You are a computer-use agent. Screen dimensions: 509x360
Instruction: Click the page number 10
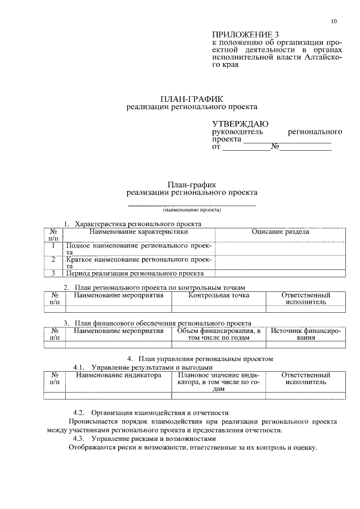point(334,21)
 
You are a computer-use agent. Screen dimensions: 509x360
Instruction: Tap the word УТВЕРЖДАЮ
point(240,124)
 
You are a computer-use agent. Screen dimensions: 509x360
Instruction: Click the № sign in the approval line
point(275,147)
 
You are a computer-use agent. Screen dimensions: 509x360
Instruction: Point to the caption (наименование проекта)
point(192,210)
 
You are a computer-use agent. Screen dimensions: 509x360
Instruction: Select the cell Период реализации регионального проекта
point(135,273)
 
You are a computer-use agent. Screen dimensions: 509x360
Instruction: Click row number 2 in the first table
point(53,259)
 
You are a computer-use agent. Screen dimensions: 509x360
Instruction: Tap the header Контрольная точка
point(219,295)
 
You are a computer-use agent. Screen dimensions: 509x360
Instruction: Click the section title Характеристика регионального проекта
point(138,224)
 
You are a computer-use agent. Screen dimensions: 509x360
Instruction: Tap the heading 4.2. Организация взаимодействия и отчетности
point(151,412)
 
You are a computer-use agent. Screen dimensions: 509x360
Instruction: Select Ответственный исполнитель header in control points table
point(305,298)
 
